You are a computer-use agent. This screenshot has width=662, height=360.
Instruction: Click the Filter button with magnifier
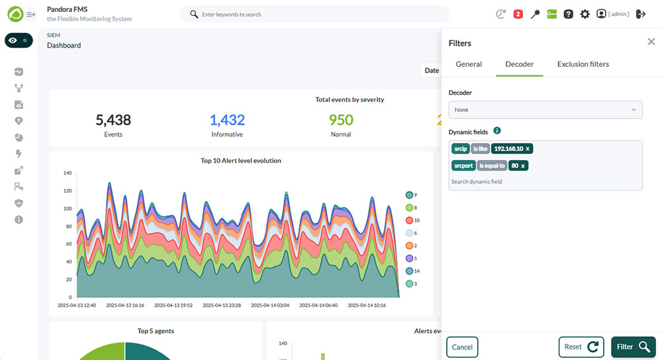point(634,347)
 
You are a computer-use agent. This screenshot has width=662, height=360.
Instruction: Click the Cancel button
point(462,347)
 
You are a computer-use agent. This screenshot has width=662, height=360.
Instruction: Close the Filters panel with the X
point(651,41)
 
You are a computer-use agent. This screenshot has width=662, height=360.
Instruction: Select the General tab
point(469,64)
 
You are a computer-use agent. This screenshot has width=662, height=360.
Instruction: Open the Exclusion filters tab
point(583,64)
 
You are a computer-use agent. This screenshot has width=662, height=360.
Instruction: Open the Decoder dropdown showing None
point(545,110)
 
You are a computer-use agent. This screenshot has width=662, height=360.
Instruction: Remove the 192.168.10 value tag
point(528,149)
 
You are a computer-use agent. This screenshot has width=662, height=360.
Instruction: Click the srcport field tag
point(463,166)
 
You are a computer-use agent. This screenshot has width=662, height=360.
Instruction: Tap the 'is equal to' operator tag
point(492,166)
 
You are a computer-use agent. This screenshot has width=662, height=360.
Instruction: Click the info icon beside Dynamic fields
point(497,131)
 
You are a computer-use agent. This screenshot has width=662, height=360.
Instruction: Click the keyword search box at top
point(315,15)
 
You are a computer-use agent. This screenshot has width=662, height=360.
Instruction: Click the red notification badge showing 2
point(518,15)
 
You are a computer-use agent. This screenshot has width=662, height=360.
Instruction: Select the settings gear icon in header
point(585,15)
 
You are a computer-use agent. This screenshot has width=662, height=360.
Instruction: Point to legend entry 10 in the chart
point(412,220)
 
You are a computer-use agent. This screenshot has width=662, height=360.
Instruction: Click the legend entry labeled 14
point(412,271)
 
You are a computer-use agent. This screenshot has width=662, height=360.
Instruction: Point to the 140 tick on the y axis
point(68,173)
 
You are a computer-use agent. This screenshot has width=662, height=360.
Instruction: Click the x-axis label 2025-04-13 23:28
point(222,305)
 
